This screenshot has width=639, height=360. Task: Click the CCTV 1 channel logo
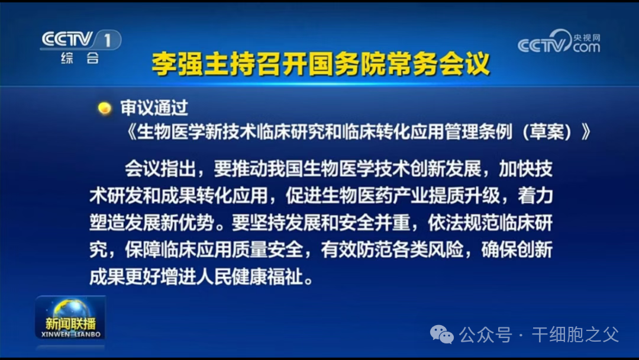tap(80, 40)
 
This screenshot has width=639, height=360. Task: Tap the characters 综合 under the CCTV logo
tap(80, 58)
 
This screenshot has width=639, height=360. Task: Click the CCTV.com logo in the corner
tap(559, 43)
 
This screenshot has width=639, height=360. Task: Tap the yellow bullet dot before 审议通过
tap(105, 108)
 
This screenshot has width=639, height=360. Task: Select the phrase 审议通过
tap(154, 108)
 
